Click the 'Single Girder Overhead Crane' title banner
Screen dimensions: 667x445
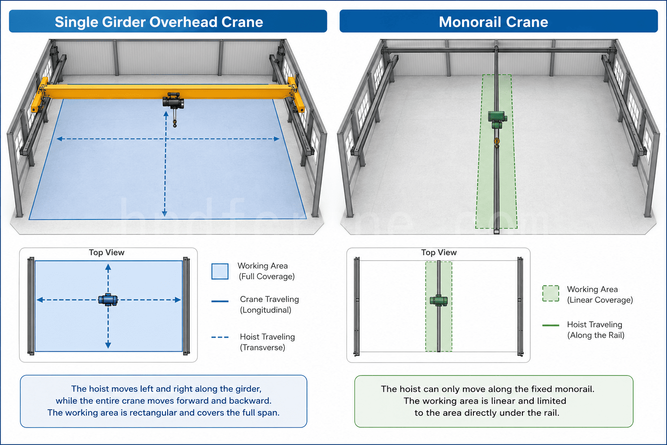coord(168,21)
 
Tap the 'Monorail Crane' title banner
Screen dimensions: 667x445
coord(499,21)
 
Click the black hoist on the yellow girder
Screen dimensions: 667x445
coord(173,101)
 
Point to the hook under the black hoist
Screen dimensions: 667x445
coord(175,123)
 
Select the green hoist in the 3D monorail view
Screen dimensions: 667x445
coord(497,119)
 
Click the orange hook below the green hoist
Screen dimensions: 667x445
coord(497,143)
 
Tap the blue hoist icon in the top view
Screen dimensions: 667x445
coord(108,299)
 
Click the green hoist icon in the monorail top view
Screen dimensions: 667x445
coord(439,300)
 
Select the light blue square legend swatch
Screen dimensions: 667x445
coord(220,271)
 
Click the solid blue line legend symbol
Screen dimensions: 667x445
coord(220,301)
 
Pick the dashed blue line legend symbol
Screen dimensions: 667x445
coord(220,337)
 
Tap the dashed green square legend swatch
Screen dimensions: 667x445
coord(551,294)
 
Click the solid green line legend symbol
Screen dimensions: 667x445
coord(551,325)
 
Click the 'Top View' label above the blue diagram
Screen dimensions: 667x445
coord(106,252)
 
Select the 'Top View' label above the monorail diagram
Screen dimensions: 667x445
coord(439,252)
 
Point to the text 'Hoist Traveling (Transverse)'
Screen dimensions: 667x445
coord(267,342)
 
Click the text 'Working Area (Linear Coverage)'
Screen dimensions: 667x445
coord(600,295)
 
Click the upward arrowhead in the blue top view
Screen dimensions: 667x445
coord(108,267)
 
